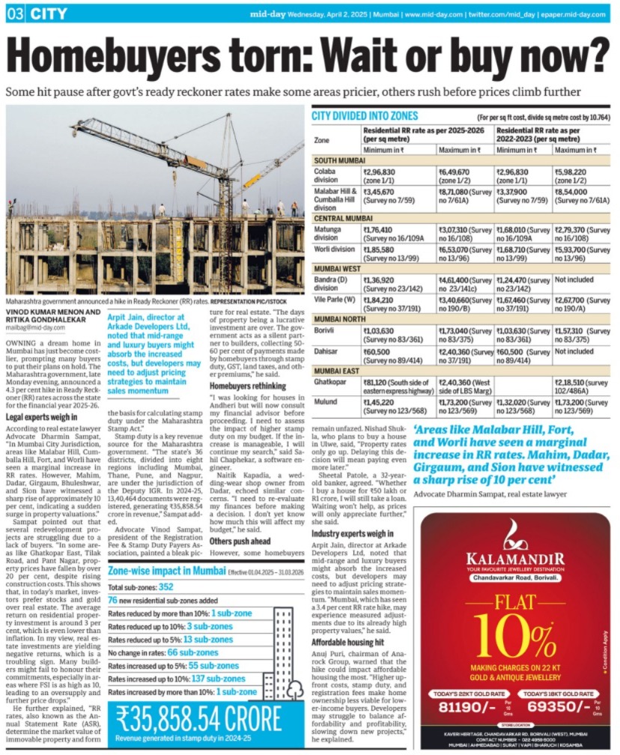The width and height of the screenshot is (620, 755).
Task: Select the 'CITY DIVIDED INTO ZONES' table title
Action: [x=365, y=117]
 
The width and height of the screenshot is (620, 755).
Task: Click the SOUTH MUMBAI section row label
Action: [x=338, y=160]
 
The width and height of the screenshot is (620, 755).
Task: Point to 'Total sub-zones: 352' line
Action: [x=141, y=587]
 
